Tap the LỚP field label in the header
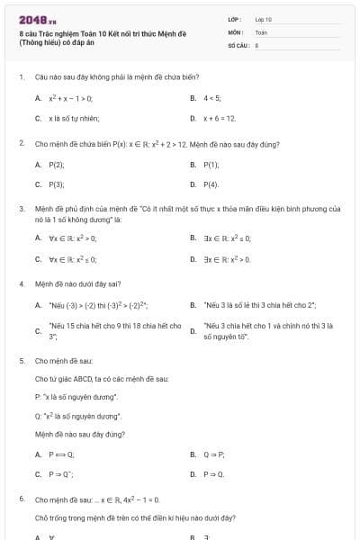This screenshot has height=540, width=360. [x=235, y=18]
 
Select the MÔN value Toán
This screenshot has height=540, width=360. [x=261, y=31]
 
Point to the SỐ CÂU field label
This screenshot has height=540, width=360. [x=238, y=44]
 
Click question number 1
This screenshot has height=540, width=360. [x=21, y=77]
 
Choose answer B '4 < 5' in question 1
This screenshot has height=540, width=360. [x=211, y=97]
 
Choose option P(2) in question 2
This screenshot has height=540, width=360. [x=56, y=165]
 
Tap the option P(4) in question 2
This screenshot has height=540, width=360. [x=211, y=184]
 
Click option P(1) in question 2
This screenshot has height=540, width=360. [x=211, y=165]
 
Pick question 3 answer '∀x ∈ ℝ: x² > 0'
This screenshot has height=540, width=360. [x=72, y=238]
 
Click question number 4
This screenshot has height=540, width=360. [x=21, y=283]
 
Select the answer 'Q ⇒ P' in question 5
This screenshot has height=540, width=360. [x=214, y=454]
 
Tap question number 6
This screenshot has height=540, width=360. [x=21, y=498]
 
